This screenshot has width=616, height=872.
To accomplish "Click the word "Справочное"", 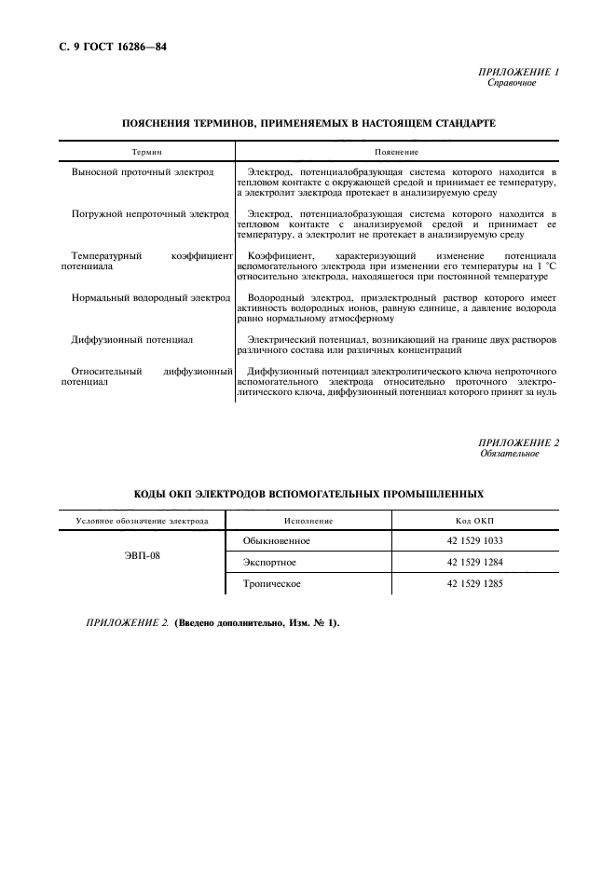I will (512, 83).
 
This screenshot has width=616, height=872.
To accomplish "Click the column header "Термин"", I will (145, 151).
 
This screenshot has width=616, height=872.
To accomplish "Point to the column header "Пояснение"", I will (396, 151).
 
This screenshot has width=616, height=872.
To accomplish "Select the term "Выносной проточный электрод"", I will (143, 172).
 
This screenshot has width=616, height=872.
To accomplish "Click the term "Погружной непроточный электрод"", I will (150, 214).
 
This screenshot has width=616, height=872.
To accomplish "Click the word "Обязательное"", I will (509, 454).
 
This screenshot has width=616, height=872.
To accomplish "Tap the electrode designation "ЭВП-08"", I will (143, 562).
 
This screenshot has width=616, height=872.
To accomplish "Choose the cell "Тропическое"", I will (272, 584).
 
